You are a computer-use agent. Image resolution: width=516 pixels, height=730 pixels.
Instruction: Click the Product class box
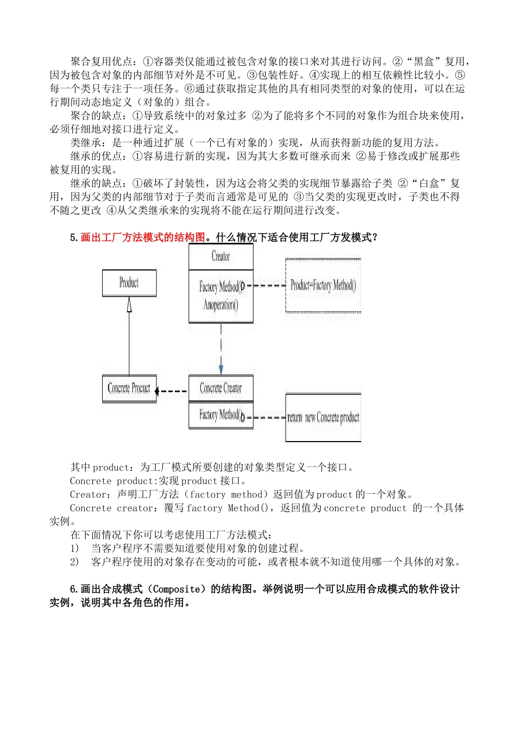tap(129, 283)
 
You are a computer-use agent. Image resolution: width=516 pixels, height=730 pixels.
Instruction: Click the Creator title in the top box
tap(221, 256)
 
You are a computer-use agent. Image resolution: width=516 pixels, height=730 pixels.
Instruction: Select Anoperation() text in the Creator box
tap(221, 305)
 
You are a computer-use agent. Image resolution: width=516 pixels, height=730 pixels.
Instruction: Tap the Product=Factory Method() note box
tap(323, 286)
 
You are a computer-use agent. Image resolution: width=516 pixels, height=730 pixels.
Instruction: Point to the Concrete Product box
tap(129, 388)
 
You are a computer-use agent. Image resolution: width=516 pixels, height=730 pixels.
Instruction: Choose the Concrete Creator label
tap(221, 388)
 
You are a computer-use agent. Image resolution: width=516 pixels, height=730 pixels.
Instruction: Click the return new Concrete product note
tap(323, 418)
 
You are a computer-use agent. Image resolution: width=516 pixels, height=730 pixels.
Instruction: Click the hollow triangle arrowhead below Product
tap(129, 305)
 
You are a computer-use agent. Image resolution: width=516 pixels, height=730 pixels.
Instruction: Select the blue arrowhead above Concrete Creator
tap(221, 369)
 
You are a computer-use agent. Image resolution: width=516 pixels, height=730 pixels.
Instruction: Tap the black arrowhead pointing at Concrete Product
tap(157, 391)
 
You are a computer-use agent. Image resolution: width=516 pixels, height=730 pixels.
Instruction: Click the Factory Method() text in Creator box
tap(220, 287)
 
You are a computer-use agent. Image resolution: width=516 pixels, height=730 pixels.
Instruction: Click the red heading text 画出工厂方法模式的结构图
tap(143, 237)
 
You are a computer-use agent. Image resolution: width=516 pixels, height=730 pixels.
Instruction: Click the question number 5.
tap(73, 237)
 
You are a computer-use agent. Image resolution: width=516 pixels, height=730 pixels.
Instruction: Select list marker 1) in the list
tap(74, 549)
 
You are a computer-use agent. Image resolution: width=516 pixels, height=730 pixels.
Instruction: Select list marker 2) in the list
tap(74, 562)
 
